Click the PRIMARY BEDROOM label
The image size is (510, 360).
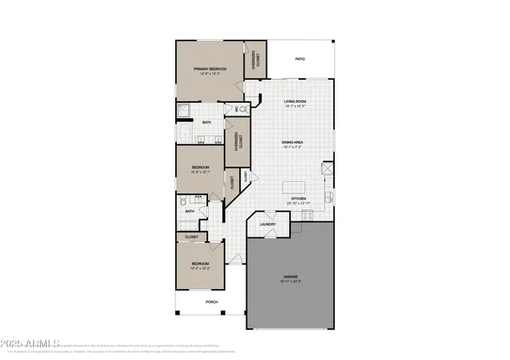click(x=210, y=69)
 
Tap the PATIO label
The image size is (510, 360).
click(x=300, y=59)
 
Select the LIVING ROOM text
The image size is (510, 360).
click(x=296, y=102)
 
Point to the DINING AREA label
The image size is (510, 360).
click(x=293, y=143)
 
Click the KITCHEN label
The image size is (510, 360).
click(x=299, y=198)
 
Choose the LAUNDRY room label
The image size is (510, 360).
click(x=268, y=224)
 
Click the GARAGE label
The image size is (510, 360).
click(x=288, y=277)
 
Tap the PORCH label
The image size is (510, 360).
click(x=212, y=302)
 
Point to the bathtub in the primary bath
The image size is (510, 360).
click(x=185, y=133)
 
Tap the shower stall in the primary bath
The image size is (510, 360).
click(x=184, y=111)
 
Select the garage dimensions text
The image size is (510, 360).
click(x=288, y=282)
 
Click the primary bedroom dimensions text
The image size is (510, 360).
click(x=210, y=74)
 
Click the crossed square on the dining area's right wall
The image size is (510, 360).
click(x=326, y=169)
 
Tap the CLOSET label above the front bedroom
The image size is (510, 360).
click(x=192, y=237)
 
